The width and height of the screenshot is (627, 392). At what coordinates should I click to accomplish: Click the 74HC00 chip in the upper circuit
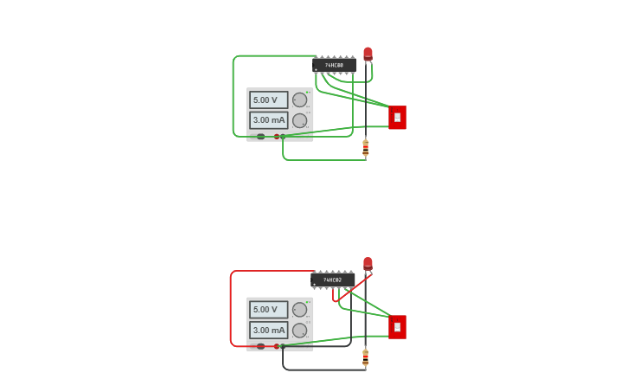[x=334, y=65]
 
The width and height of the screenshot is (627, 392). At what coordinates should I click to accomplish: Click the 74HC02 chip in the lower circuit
[x=333, y=280]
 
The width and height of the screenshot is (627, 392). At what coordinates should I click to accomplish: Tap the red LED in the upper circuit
[x=368, y=54]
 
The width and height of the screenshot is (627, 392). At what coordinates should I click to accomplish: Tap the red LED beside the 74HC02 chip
[x=368, y=263]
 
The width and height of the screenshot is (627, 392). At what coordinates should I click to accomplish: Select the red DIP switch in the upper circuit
[x=397, y=117]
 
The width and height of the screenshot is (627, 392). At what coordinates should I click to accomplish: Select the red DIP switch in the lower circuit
[x=397, y=327]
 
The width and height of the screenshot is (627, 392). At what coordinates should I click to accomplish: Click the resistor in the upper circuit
[x=365, y=148]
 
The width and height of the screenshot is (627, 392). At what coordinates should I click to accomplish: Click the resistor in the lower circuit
[x=365, y=357]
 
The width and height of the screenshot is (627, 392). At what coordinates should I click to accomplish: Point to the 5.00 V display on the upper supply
[x=268, y=100]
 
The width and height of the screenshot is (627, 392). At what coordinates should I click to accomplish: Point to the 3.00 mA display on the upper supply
[x=268, y=120]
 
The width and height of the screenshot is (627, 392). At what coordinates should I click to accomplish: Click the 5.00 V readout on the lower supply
[x=268, y=309]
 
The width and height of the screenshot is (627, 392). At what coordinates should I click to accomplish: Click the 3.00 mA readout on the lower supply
[x=268, y=330]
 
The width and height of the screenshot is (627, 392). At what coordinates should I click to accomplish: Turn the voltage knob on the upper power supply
[x=299, y=100]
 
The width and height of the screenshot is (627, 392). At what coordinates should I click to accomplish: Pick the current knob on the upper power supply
[x=299, y=120]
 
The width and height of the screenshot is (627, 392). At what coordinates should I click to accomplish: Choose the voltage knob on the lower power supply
[x=299, y=309]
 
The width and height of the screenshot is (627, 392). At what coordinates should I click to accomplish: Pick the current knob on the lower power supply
[x=299, y=330]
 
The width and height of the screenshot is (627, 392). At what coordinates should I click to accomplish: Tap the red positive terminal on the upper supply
[x=277, y=136]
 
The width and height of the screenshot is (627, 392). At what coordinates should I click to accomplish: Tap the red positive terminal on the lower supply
[x=277, y=346]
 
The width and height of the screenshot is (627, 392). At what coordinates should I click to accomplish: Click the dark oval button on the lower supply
[x=260, y=346]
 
